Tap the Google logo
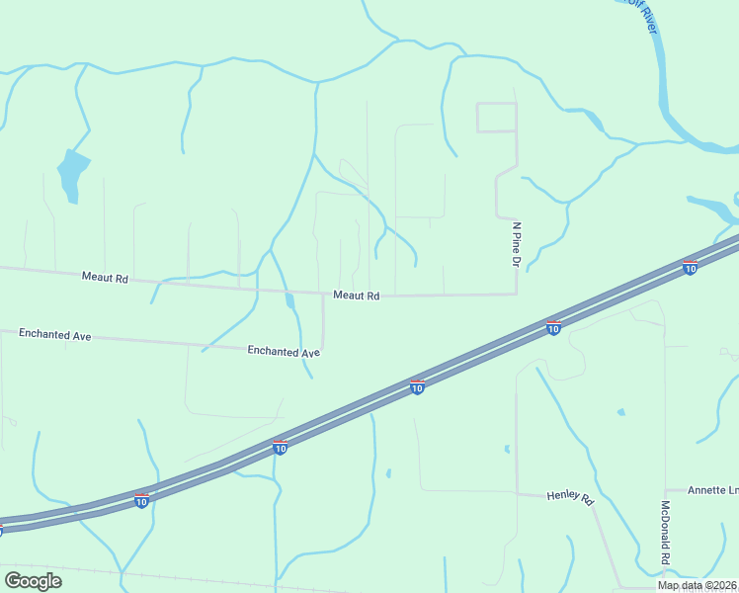pos(33,580)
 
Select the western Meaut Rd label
pos(105,279)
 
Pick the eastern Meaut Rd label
pos(356,296)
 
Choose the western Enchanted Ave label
pos(54,335)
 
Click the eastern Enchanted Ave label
pos(284,351)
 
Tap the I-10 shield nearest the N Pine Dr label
pos(553,326)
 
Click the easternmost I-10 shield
pos(690,267)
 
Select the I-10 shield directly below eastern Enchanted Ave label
pos(281,448)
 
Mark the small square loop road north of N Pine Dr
pos(496,117)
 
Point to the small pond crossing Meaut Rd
pos(288,298)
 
